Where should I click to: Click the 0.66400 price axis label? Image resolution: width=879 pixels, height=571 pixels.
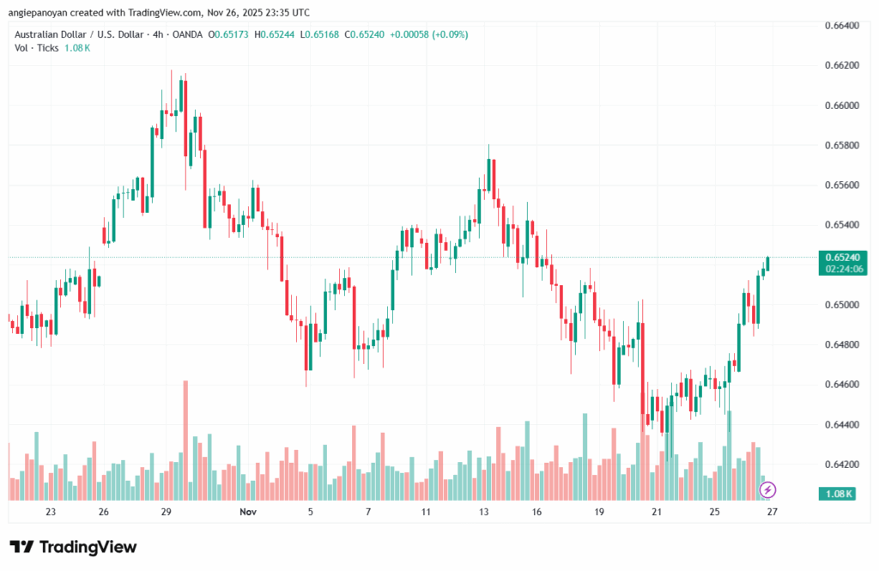[841, 26]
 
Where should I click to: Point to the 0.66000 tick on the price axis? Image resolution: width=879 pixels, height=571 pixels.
[841, 106]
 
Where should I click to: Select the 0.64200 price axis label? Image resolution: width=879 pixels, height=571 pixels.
[841, 465]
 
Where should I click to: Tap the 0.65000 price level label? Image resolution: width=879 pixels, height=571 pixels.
[841, 305]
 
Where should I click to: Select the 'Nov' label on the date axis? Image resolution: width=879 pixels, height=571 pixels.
[248, 513]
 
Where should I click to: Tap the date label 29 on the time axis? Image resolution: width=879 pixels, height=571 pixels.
[167, 513]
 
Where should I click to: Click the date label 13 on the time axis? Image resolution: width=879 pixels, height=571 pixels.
[484, 513]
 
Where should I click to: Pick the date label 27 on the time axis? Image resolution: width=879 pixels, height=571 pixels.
[772, 513]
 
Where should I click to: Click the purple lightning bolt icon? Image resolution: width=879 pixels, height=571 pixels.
[768, 489]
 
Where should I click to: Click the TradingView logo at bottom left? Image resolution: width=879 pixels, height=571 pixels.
[73, 547]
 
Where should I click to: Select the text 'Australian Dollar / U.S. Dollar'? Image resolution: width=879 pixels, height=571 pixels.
[85, 34]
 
